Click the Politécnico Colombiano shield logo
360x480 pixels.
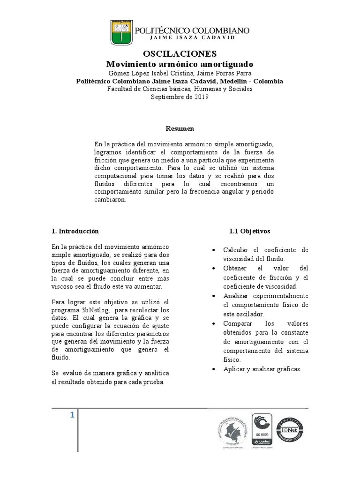click(120, 32)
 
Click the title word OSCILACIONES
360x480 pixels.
click(180, 53)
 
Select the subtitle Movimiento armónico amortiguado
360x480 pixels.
click(180, 64)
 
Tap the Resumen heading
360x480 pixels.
click(180, 128)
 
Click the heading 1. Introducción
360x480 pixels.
click(75, 231)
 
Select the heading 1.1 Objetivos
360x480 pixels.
click(249, 231)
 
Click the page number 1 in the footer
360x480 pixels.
click(72, 415)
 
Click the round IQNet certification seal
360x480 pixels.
click(290, 429)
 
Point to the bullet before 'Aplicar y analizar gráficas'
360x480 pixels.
click(214, 369)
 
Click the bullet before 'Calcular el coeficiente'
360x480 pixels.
click(214, 250)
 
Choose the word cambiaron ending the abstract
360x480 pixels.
click(110, 199)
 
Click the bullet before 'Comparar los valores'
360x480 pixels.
click(214, 324)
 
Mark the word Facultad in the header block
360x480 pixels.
click(120, 89)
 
